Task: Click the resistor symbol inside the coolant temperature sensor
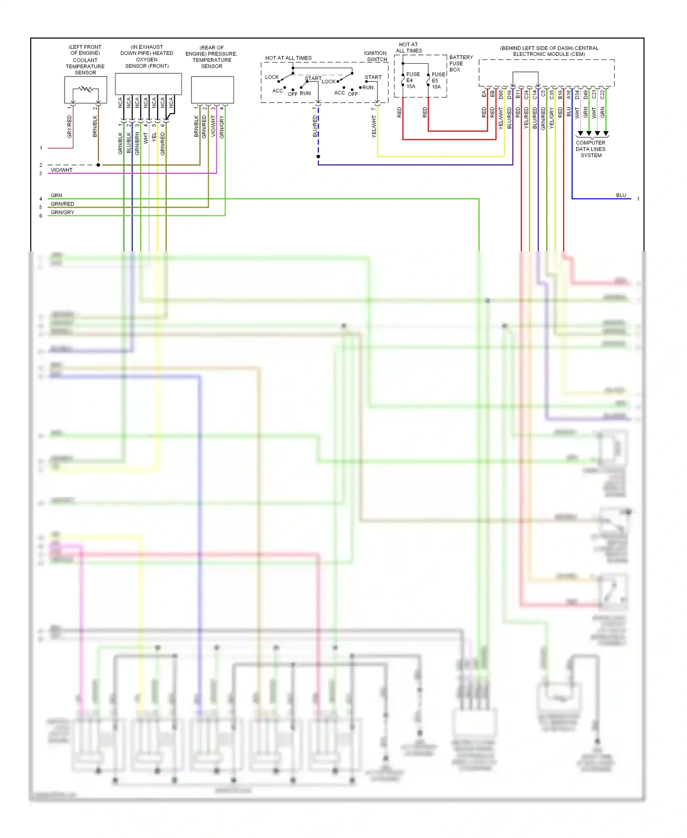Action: click(86, 89)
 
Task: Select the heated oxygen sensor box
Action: click(148, 84)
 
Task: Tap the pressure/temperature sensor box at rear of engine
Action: click(212, 90)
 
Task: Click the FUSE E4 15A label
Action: click(412, 80)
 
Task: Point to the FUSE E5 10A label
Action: click(438, 81)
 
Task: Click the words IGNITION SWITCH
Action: click(376, 56)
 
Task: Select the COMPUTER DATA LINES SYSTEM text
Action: click(591, 149)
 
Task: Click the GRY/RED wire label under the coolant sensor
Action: click(70, 127)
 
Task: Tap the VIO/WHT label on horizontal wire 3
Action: click(61, 170)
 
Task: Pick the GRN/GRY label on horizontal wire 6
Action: click(62, 212)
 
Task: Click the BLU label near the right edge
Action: click(621, 195)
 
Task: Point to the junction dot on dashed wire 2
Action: click(98, 165)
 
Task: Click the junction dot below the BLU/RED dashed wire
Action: click(318, 157)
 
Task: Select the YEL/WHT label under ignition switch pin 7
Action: click(374, 127)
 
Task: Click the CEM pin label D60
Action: click(501, 94)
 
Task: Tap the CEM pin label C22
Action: click(602, 94)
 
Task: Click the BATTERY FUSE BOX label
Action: click(460, 63)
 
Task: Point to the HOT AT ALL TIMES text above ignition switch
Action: click(288, 58)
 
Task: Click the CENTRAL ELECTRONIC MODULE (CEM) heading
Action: click(549, 51)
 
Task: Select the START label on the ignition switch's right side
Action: click(373, 77)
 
